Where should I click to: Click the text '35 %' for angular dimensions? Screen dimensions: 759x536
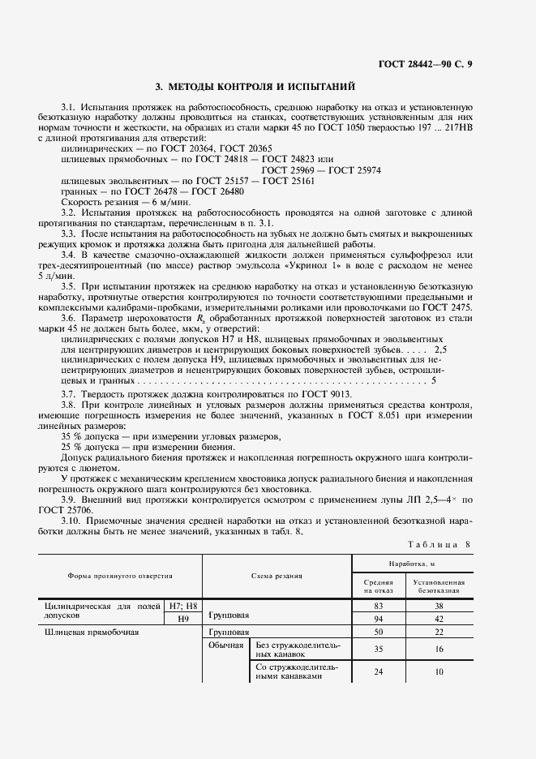[74, 436]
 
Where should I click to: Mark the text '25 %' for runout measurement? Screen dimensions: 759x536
[74, 447]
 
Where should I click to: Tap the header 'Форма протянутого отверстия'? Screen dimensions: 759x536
[119, 575]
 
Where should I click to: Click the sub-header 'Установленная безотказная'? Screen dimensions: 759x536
[438, 586]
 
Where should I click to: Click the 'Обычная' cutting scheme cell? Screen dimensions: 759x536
[226, 645]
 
